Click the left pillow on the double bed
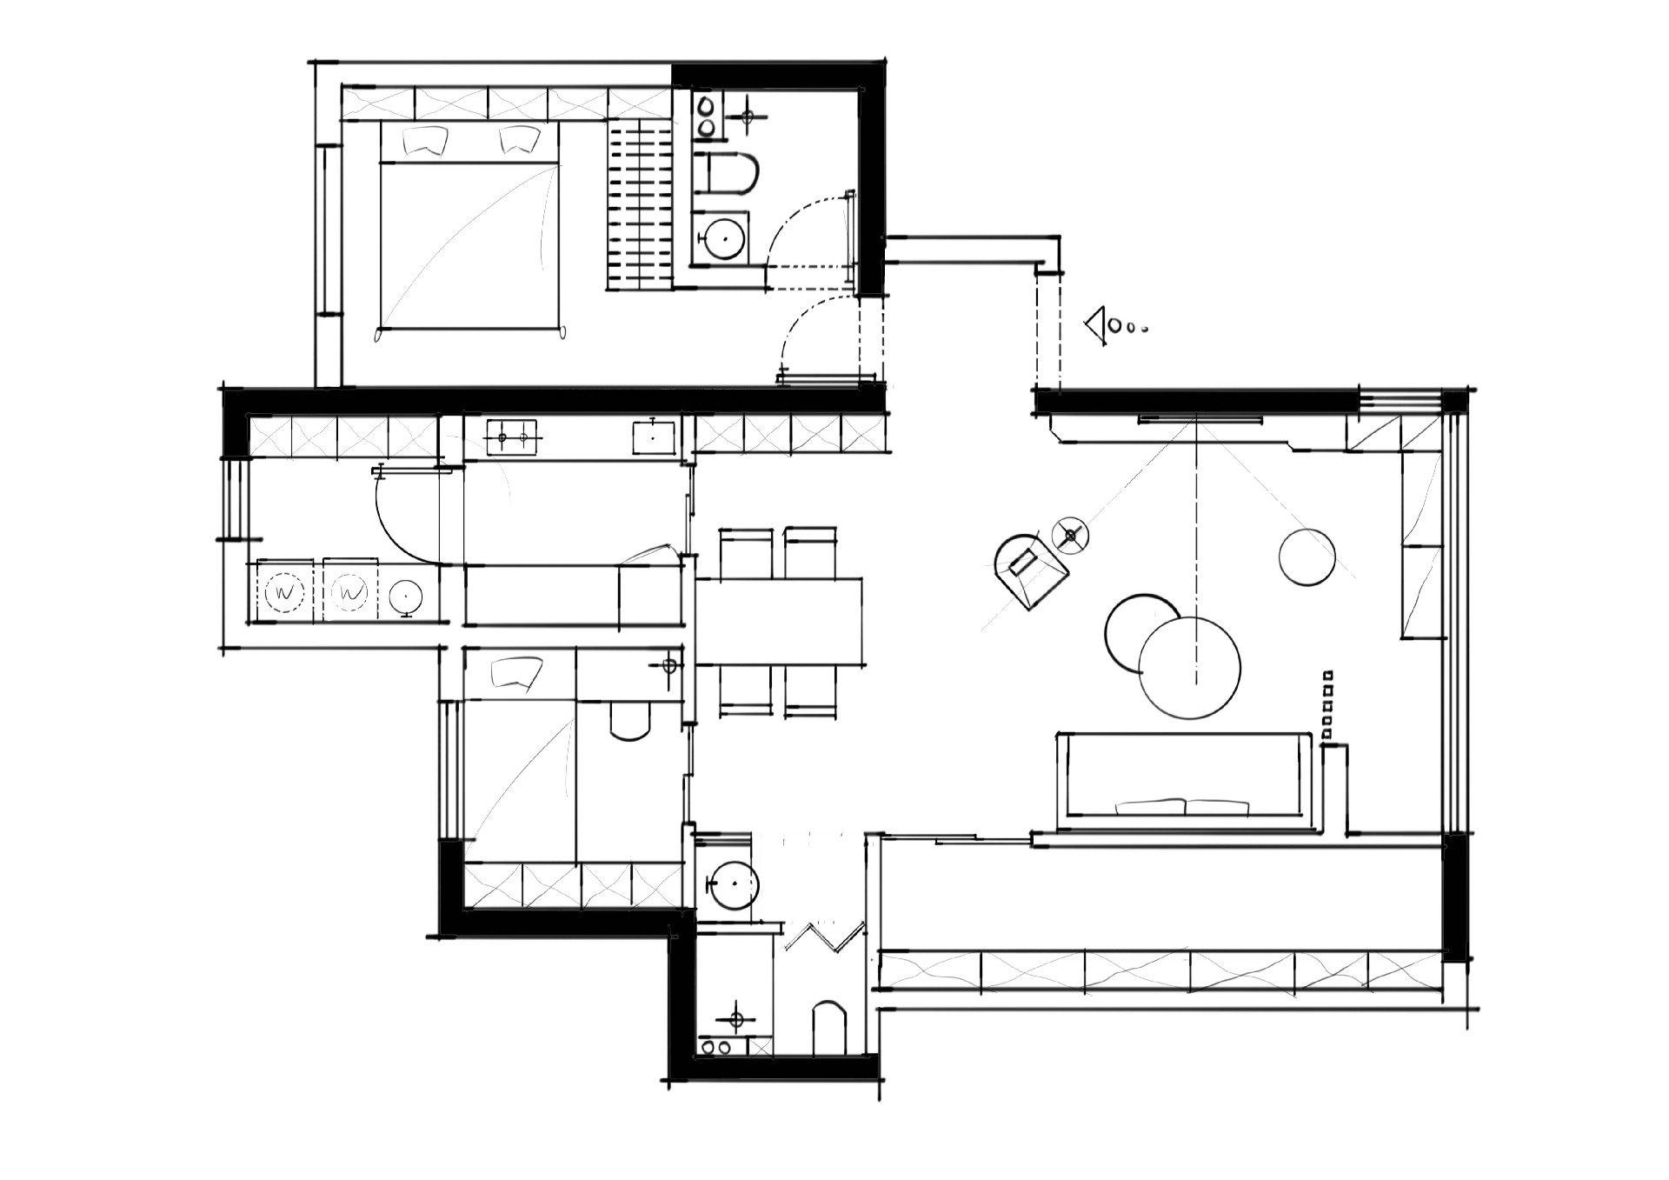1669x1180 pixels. (x=426, y=140)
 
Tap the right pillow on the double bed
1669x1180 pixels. (x=519, y=140)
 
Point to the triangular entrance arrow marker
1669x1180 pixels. (x=1096, y=327)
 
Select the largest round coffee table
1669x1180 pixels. (x=1188, y=668)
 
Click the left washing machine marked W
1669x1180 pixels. (x=283, y=593)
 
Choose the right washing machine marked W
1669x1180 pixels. (x=350, y=593)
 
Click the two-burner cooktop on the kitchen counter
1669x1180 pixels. (x=511, y=437)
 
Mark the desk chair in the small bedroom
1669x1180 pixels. (x=631, y=719)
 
